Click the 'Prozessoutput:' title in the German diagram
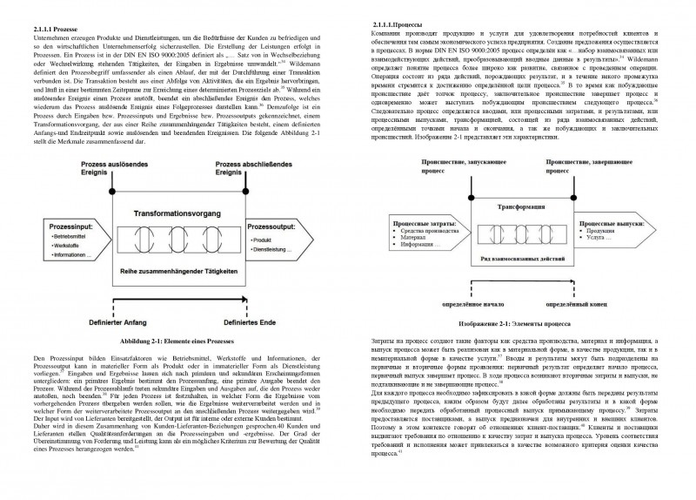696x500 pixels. coord(273,225)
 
